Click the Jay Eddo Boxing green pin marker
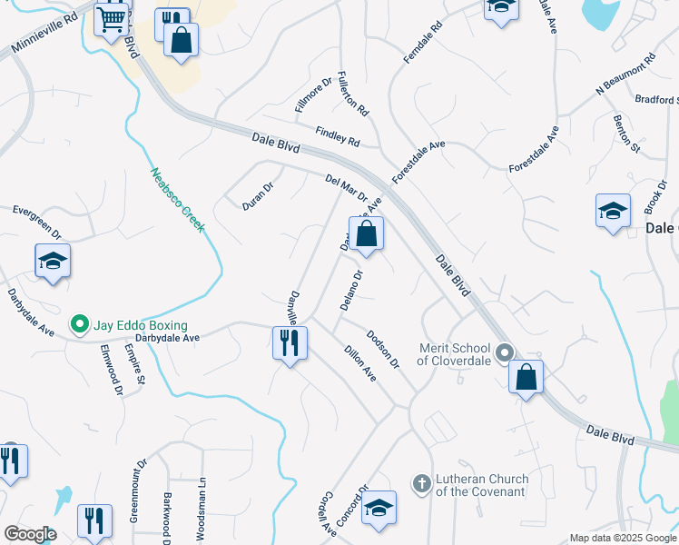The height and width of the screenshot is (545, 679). pyautogui.click(x=79, y=324)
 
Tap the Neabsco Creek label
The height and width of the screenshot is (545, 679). pyautogui.click(x=177, y=200)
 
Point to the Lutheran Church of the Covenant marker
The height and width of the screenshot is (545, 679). pyautogui.click(x=421, y=483)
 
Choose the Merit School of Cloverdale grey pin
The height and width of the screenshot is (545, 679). pyautogui.click(x=505, y=351)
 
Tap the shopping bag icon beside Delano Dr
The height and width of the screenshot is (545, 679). pyautogui.click(x=365, y=233)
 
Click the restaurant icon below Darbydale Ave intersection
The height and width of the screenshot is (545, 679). pyautogui.click(x=290, y=343)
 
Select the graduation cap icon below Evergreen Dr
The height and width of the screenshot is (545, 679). pyautogui.click(x=53, y=262)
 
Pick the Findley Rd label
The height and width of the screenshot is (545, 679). pyautogui.click(x=337, y=136)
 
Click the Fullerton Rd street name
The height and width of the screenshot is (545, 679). pyautogui.click(x=352, y=94)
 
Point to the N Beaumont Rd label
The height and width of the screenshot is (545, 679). pyautogui.click(x=625, y=74)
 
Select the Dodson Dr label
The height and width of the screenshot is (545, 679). pyautogui.click(x=382, y=349)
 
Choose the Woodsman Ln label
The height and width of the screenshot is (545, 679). pyautogui.click(x=202, y=509)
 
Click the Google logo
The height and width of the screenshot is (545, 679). pyautogui.click(x=30, y=534)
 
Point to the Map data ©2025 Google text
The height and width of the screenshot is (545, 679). pyautogui.click(x=622, y=538)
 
